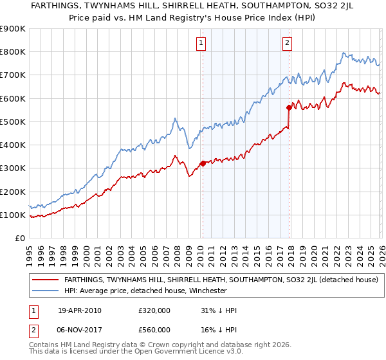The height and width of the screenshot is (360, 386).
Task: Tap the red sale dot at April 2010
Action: (203, 163)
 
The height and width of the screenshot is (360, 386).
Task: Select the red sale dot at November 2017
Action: (289, 107)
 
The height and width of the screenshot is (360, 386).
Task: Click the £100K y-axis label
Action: (13, 215)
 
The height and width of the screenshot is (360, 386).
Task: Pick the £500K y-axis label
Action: (13, 122)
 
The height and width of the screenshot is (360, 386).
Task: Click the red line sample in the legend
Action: (46, 280)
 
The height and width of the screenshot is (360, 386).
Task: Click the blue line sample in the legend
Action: (46, 291)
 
